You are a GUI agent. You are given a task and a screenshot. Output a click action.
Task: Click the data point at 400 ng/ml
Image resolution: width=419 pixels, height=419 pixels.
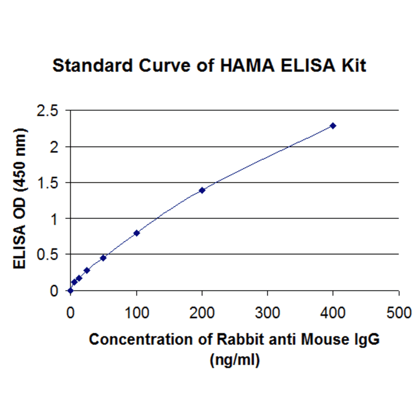click(x=333, y=126)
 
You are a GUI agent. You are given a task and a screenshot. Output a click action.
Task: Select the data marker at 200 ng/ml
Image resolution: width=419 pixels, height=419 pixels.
click(x=202, y=190)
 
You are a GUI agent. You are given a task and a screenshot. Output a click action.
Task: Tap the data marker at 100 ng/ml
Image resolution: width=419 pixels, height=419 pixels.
click(x=137, y=233)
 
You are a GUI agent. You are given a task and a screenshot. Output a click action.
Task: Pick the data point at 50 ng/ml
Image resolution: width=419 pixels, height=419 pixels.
click(x=103, y=258)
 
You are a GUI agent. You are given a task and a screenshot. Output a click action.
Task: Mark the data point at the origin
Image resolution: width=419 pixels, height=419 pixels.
click(x=70, y=291)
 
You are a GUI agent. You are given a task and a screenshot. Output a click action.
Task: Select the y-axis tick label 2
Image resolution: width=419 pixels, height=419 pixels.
click(x=53, y=147)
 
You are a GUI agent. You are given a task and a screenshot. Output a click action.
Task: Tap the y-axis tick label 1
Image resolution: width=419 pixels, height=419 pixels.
click(x=53, y=219)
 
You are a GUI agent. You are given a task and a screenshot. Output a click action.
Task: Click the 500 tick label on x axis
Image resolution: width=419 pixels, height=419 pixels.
click(x=399, y=313)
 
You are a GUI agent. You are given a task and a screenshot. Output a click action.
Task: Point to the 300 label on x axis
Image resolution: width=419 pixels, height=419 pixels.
click(x=268, y=313)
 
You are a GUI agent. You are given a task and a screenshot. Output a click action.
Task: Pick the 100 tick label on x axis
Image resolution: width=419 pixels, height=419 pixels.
click(x=137, y=313)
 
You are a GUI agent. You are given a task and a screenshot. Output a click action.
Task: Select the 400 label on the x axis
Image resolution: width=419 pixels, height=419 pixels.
click(x=333, y=313)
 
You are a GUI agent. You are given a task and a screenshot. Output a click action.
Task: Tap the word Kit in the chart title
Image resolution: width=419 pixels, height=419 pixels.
click(x=353, y=66)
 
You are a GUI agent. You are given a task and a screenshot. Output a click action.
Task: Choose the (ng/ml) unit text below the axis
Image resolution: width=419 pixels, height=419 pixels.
click(x=234, y=361)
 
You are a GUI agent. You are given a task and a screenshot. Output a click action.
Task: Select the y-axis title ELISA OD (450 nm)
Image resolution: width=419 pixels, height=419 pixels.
click(x=21, y=200)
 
